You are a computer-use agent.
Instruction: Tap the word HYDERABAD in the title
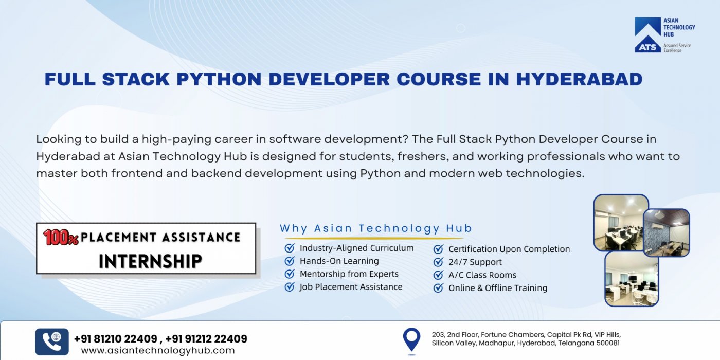(x=579, y=79)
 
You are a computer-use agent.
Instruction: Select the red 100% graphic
(x=61, y=237)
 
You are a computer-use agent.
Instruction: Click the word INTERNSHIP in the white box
(x=150, y=261)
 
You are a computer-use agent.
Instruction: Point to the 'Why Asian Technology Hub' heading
(x=375, y=228)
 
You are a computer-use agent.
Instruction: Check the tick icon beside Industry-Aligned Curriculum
(x=290, y=248)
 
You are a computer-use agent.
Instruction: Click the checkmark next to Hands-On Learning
(x=290, y=261)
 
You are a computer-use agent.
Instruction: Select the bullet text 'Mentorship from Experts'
(x=349, y=274)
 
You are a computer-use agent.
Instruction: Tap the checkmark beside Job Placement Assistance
(x=290, y=287)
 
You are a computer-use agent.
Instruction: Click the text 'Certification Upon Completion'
(x=509, y=249)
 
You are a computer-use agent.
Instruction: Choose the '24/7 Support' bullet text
(x=475, y=262)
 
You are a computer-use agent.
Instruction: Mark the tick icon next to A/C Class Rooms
(x=438, y=275)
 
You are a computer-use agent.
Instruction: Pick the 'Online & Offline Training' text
(x=497, y=288)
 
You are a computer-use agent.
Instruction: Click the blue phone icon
(x=52, y=341)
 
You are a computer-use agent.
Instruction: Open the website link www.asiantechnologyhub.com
(x=158, y=351)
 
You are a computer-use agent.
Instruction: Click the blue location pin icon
(x=411, y=340)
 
